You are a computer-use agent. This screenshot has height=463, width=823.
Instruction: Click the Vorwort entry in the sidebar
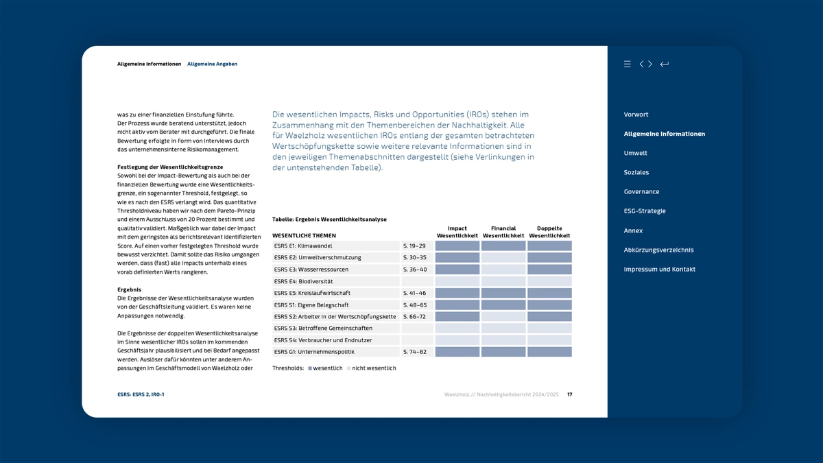pyautogui.click(x=636, y=115)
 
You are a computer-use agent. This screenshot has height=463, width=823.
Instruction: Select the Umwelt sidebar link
pyautogui.click(x=635, y=153)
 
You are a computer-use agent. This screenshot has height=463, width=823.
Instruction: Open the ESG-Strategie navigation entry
pyautogui.click(x=644, y=211)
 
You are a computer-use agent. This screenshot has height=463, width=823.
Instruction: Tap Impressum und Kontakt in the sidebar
pyautogui.click(x=659, y=270)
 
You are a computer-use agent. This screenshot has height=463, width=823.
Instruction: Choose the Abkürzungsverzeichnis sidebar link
pyautogui.click(x=658, y=250)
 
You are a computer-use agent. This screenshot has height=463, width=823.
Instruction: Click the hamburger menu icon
pyautogui.click(x=627, y=64)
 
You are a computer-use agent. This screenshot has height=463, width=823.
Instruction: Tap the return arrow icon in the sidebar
pyautogui.click(x=664, y=64)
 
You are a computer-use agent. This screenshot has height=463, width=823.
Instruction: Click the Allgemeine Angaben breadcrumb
pyautogui.click(x=212, y=64)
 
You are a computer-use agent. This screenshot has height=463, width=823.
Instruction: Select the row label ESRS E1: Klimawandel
pyautogui.click(x=303, y=246)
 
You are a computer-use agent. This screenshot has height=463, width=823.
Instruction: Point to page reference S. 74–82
pyautogui.click(x=414, y=352)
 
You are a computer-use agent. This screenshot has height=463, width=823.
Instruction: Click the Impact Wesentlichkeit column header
pyautogui.click(x=457, y=232)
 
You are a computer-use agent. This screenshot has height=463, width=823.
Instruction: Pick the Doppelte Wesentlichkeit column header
pyautogui.click(x=549, y=232)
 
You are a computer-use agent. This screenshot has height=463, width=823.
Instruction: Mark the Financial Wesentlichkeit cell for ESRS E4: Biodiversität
pyautogui.click(x=503, y=281)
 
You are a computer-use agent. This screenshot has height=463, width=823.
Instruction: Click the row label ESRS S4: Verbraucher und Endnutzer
pyautogui.click(x=323, y=340)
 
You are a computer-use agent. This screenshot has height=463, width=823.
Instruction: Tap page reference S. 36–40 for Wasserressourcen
pyautogui.click(x=414, y=270)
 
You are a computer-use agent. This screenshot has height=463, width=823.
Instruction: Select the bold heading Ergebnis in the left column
pyautogui.click(x=129, y=289)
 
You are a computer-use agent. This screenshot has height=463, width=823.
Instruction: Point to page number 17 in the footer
pyautogui.click(x=570, y=394)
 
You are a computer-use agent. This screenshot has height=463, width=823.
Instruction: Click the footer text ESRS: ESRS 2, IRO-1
pyautogui.click(x=141, y=394)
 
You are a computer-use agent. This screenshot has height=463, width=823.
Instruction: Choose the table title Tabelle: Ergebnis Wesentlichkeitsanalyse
pyautogui.click(x=329, y=219)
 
